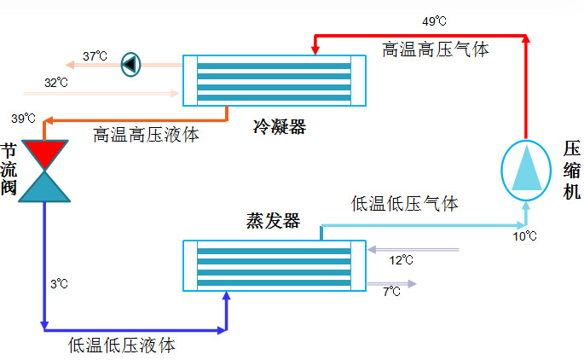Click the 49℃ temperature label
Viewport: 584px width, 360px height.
point(434,20)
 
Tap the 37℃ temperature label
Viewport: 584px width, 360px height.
point(95,56)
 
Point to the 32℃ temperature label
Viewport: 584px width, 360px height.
point(56,83)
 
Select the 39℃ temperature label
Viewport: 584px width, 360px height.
point(23,118)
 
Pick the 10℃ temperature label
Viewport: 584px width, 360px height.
point(524,235)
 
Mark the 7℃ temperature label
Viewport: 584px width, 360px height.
point(391,292)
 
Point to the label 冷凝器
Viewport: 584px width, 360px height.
point(279,128)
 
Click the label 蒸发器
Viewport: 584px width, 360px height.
point(273,222)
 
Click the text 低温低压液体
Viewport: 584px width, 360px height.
point(122,345)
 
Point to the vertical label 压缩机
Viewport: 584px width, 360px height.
point(570,170)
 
